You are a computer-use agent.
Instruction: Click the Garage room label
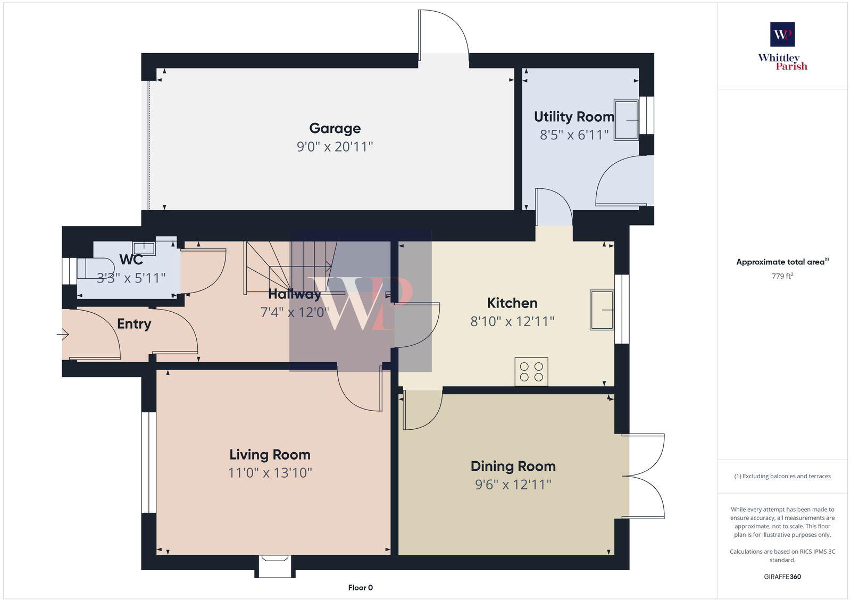(x=335, y=128)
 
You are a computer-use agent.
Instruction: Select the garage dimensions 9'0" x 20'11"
(x=335, y=147)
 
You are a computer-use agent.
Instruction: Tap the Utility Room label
(x=573, y=116)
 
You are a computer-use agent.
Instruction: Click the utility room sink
(x=626, y=120)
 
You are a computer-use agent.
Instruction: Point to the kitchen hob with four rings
(x=531, y=371)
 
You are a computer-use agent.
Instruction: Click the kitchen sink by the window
(x=602, y=310)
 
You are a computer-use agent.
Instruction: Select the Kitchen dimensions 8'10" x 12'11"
(x=512, y=321)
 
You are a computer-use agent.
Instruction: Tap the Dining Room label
(x=513, y=466)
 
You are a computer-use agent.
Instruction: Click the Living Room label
(x=270, y=455)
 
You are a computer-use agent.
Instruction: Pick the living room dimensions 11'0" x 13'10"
(x=270, y=473)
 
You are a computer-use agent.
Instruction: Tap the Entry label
(x=134, y=324)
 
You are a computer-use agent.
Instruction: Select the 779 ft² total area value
(x=782, y=276)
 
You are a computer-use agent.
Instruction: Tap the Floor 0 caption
(x=360, y=588)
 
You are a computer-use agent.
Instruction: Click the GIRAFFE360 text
(x=782, y=577)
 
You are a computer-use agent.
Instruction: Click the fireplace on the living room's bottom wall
(x=274, y=565)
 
